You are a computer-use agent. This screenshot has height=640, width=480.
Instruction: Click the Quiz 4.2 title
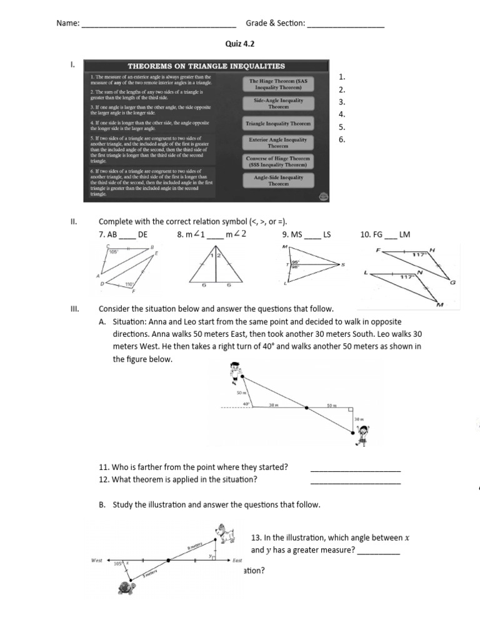click(240, 44)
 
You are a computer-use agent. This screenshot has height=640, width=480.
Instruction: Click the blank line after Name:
click(159, 24)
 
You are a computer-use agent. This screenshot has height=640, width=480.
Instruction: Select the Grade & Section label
click(275, 23)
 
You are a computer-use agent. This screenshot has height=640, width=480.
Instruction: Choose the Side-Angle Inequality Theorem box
click(278, 103)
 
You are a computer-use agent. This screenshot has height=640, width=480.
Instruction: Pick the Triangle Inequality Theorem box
click(278, 124)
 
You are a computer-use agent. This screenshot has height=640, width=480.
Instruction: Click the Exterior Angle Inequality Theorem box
click(278, 143)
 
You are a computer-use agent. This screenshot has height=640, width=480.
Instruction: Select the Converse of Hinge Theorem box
click(278, 162)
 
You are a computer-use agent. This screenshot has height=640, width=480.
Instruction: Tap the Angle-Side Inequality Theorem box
click(278, 181)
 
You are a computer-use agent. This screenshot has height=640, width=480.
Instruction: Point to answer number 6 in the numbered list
click(341, 139)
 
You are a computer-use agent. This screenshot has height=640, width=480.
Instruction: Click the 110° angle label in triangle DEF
click(129, 284)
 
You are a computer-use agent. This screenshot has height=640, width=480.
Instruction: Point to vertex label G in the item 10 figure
click(453, 282)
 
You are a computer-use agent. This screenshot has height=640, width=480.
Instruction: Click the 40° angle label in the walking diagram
click(246, 404)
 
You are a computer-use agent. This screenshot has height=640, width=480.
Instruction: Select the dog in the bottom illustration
click(224, 532)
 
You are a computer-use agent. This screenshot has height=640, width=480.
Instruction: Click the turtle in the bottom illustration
click(126, 587)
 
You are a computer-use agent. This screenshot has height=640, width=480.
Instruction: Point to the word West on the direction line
click(96, 561)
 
